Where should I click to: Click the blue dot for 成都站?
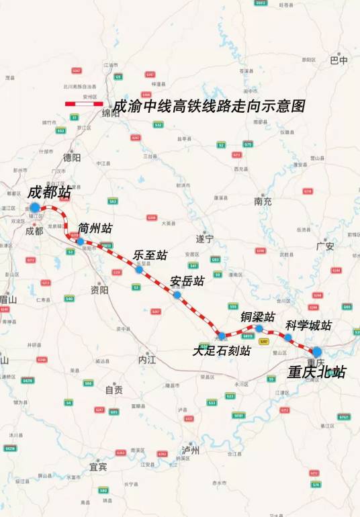click(34, 207)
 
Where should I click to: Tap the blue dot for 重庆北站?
click(316, 351)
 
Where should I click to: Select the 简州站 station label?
click(95, 228)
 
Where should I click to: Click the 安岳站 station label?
click(187, 281)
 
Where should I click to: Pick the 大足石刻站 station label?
click(222, 350)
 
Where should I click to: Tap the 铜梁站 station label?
click(258, 316)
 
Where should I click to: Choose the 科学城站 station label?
click(308, 326)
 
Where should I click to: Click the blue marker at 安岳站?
click(177, 295)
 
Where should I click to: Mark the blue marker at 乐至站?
click(138, 269)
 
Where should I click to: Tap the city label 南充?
click(263, 201)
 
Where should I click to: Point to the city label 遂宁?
click(204, 238)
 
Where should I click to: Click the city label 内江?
click(146, 360)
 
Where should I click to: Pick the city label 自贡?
click(114, 389)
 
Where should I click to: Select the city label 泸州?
click(191, 450)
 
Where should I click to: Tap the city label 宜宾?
click(98, 467)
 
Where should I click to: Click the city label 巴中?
click(339, 60)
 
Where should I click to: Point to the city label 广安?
click(325, 246)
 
